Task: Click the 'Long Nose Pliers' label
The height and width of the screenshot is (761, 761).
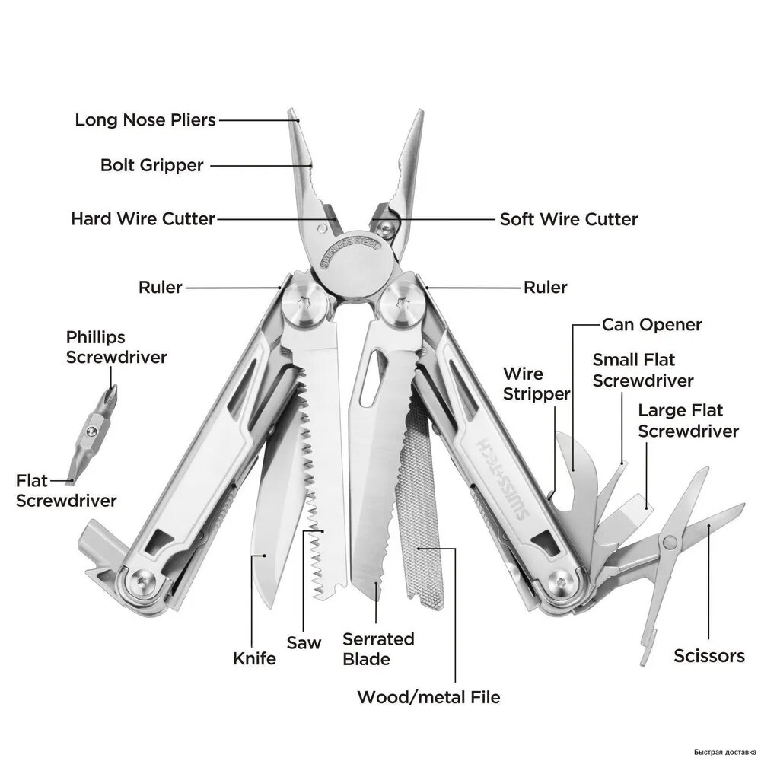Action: pyautogui.click(x=145, y=120)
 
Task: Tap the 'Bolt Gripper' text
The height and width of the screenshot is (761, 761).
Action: pyautogui.click(x=152, y=165)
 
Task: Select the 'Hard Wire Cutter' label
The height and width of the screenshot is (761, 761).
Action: pyautogui.click(x=143, y=219)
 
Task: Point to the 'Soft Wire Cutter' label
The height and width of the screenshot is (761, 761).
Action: pyautogui.click(x=568, y=219)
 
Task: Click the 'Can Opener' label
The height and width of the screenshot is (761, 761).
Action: pyautogui.click(x=652, y=325)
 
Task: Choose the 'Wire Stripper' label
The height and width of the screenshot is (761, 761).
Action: pyautogui.click(x=537, y=384)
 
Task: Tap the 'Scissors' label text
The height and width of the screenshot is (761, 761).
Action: pyautogui.click(x=709, y=656)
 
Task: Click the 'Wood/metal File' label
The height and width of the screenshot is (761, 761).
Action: pyautogui.click(x=428, y=697)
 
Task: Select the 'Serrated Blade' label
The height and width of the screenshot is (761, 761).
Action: pyautogui.click(x=378, y=649)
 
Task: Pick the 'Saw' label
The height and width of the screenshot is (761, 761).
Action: pyautogui.click(x=304, y=642)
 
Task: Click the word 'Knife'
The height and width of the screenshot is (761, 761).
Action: pyautogui.click(x=254, y=658)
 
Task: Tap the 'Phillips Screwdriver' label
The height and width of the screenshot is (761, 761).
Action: pyautogui.click(x=116, y=348)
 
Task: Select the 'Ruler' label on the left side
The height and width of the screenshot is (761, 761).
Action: pyautogui.click(x=160, y=288)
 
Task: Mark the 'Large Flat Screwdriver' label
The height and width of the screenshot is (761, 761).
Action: pyautogui.click(x=688, y=421)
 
